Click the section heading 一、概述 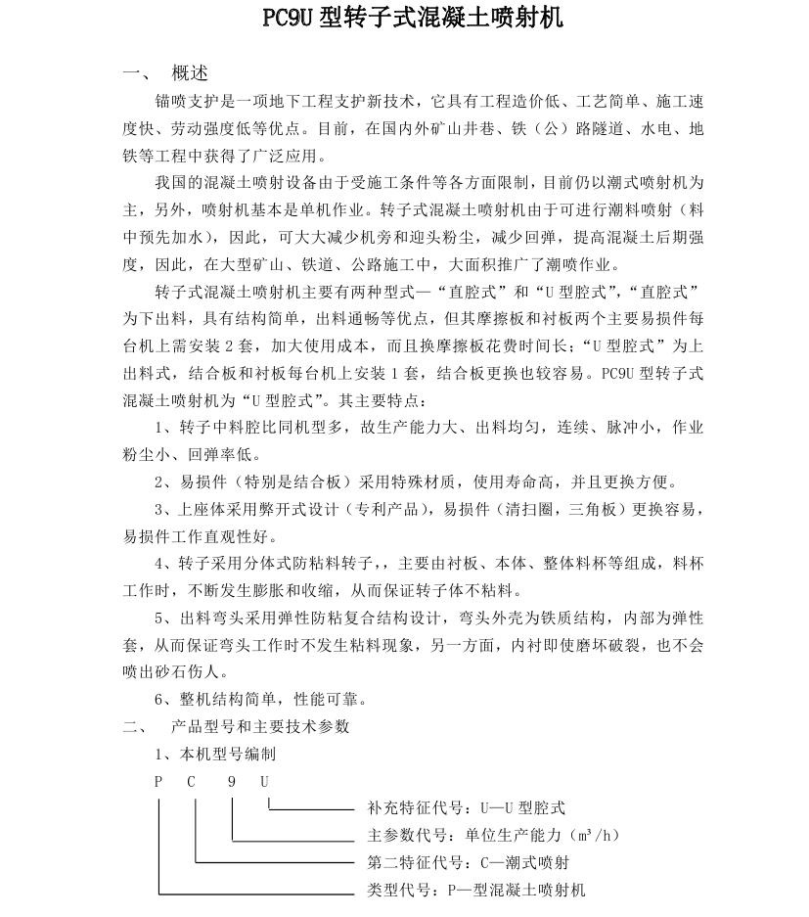pyautogui.click(x=165, y=73)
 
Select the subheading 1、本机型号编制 pyautogui.click(x=214, y=755)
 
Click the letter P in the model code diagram pyautogui.click(x=158, y=782)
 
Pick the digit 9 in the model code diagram pyautogui.click(x=232, y=782)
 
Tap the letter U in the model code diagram pyautogui.click(x=264, y=782)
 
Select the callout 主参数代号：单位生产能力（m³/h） pyautogui.click(x=493, y=836)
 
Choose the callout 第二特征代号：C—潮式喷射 pyautogui.click(x=468, y=863)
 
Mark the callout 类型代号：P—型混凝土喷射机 pyautogui.click(x=475, y=891)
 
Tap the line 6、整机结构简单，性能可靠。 pyautogui.click(x=247, y=700)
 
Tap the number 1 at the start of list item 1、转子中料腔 pyautogui.click(x=159, y=428)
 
